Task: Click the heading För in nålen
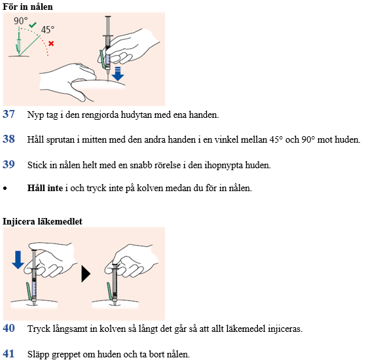pos(27,7)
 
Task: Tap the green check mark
pos(33,25)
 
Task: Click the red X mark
pos(51,43)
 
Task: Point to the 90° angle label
pos(20,21)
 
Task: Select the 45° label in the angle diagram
pos(48,30)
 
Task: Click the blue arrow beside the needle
pos(118,74)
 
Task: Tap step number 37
pos(9,114)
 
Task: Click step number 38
pos(9,139)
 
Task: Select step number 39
pos(9,164)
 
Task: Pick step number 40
pos(9,329)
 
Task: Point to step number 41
pos(9,353)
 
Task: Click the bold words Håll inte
pos(45,188)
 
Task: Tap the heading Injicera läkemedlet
pos(43,221)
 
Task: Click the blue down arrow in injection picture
pos(18,260)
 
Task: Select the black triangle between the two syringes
pos(86,274)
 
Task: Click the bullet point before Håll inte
pos(5,189)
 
